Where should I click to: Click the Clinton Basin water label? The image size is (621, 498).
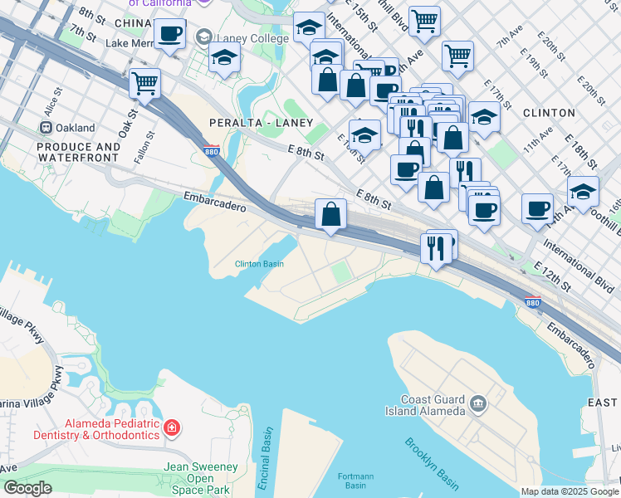click(x=259, y=264)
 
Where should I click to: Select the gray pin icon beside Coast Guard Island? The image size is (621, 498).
click(x=478, y=404)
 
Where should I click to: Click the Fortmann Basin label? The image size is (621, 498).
click(x=357, y=481)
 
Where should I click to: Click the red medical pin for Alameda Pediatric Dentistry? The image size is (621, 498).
click(x=172, y=428)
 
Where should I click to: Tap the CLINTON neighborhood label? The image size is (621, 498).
click(x=549, y=112)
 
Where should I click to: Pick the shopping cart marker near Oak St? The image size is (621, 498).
click(x=144, y=82)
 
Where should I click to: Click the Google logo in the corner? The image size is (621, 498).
click(x=27, y=488)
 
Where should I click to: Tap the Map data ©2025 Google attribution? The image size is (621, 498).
click(x=570, y=491)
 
